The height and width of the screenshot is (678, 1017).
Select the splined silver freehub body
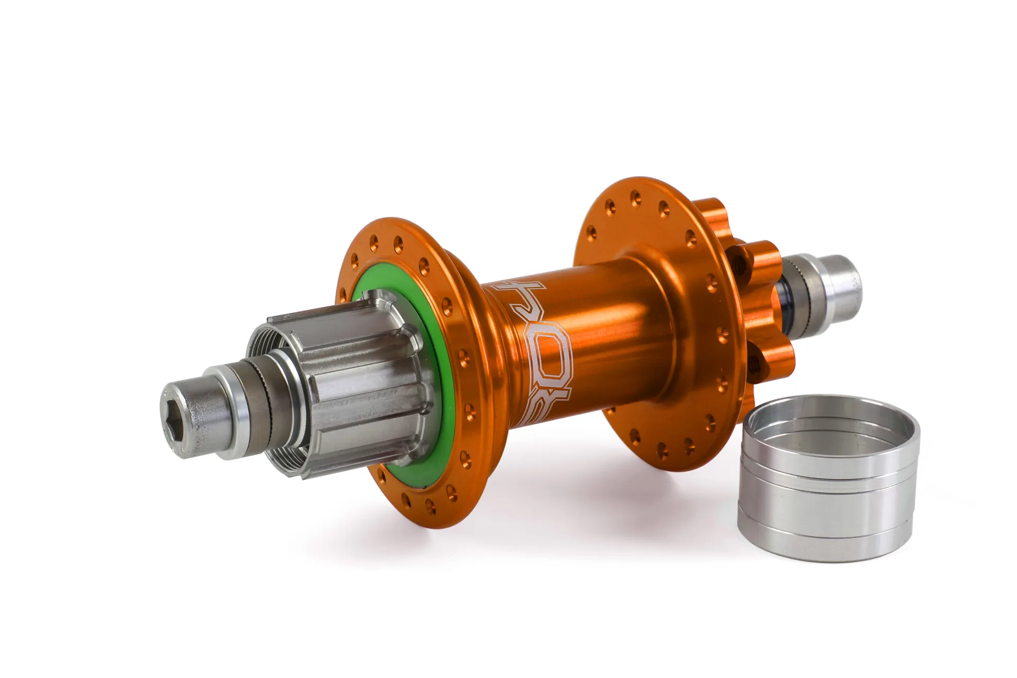(x=350, y=371)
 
